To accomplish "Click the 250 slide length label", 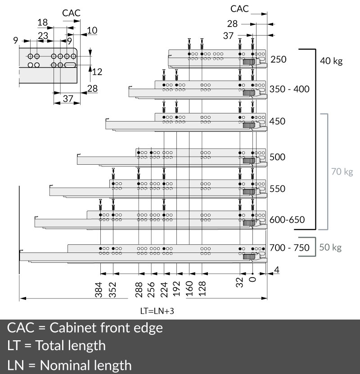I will [279, 59].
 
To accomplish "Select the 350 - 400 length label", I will [290, 89].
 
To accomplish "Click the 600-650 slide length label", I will [288, 220].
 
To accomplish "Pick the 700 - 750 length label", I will [290, 248].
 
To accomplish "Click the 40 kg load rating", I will [331, 61].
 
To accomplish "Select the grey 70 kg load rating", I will [342, 171].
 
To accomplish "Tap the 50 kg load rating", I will [331, 248].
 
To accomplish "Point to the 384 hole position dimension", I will [99, 290].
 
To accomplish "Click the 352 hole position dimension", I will [113, 290].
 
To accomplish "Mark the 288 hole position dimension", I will [139, 290].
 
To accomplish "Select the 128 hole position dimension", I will [202, 290].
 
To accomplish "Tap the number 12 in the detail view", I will [97, 71].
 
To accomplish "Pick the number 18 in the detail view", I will [43, 23].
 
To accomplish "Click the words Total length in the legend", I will [70, 346].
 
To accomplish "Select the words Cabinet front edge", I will [106, 327].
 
